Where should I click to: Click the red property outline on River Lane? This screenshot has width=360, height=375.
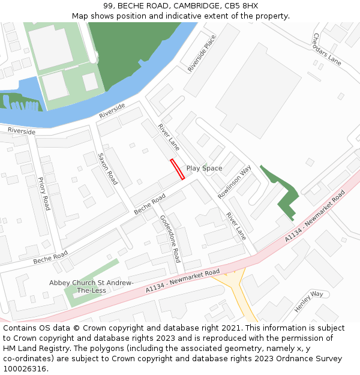point(177,169)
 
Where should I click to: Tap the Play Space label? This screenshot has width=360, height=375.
point(204,168)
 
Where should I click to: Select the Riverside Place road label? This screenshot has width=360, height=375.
point(202,53)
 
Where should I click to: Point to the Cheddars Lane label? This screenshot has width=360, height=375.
point(326,49)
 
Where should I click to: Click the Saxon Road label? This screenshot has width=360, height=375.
point(107,168)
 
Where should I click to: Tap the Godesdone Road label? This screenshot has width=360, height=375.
point(170,239)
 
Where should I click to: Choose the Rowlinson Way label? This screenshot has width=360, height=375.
point(234,182)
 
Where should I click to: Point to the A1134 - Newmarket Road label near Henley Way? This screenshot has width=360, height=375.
point(315,217)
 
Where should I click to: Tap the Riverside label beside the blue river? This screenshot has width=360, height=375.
point(112,110)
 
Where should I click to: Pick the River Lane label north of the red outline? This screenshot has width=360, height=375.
point(169,137)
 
